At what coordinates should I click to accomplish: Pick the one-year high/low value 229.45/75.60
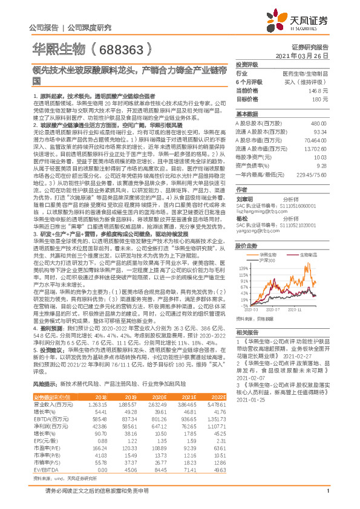pos(312,174)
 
